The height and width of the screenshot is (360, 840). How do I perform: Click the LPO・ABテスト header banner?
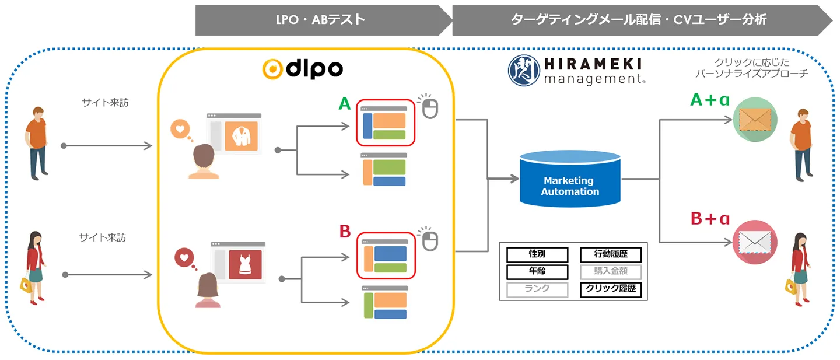320,20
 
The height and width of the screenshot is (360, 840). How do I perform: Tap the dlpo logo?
302,69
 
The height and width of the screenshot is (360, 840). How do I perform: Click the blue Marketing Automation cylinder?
570,179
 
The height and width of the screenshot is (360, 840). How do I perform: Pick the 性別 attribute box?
537,254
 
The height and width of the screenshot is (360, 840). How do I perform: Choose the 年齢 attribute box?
537,271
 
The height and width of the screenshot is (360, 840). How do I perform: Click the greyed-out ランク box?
537,289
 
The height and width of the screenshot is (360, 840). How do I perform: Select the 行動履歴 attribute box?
611,254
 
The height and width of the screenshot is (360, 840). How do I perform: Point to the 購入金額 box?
611,271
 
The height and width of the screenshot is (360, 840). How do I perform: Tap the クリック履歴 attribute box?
611,289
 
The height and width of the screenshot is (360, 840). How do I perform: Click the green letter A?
345,104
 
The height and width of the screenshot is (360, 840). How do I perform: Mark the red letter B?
345,232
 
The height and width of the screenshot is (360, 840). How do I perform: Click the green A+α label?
710,100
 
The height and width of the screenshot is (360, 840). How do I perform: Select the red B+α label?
710,219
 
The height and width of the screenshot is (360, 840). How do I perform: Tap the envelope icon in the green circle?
755,119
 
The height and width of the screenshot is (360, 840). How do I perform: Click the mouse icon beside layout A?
430,107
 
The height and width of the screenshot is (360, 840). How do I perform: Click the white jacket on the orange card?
241,137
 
